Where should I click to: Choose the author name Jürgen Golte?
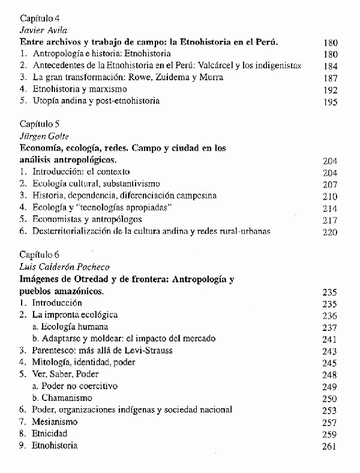(44, 137)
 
